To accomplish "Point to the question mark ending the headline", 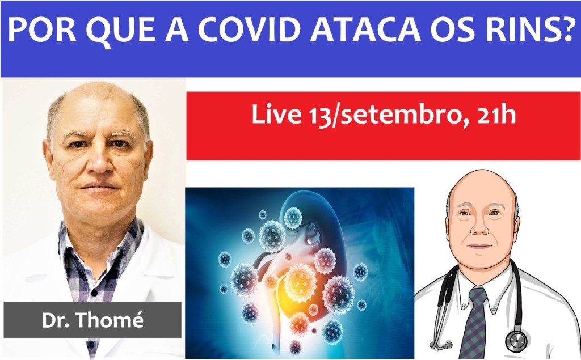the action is pyautogui.click(x=567, y=29).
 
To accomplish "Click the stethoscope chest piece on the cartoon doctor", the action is pyautogui.click(x=516, y=340).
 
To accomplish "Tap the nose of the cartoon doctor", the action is pyautogui.click(x=479, y=227).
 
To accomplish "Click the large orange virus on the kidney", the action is pyautogui.click(x=300, y=282).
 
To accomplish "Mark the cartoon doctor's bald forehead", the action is pyautogui.click(x=481, y=187).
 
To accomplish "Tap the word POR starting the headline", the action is pyautogui.click(x=41, y=29).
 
